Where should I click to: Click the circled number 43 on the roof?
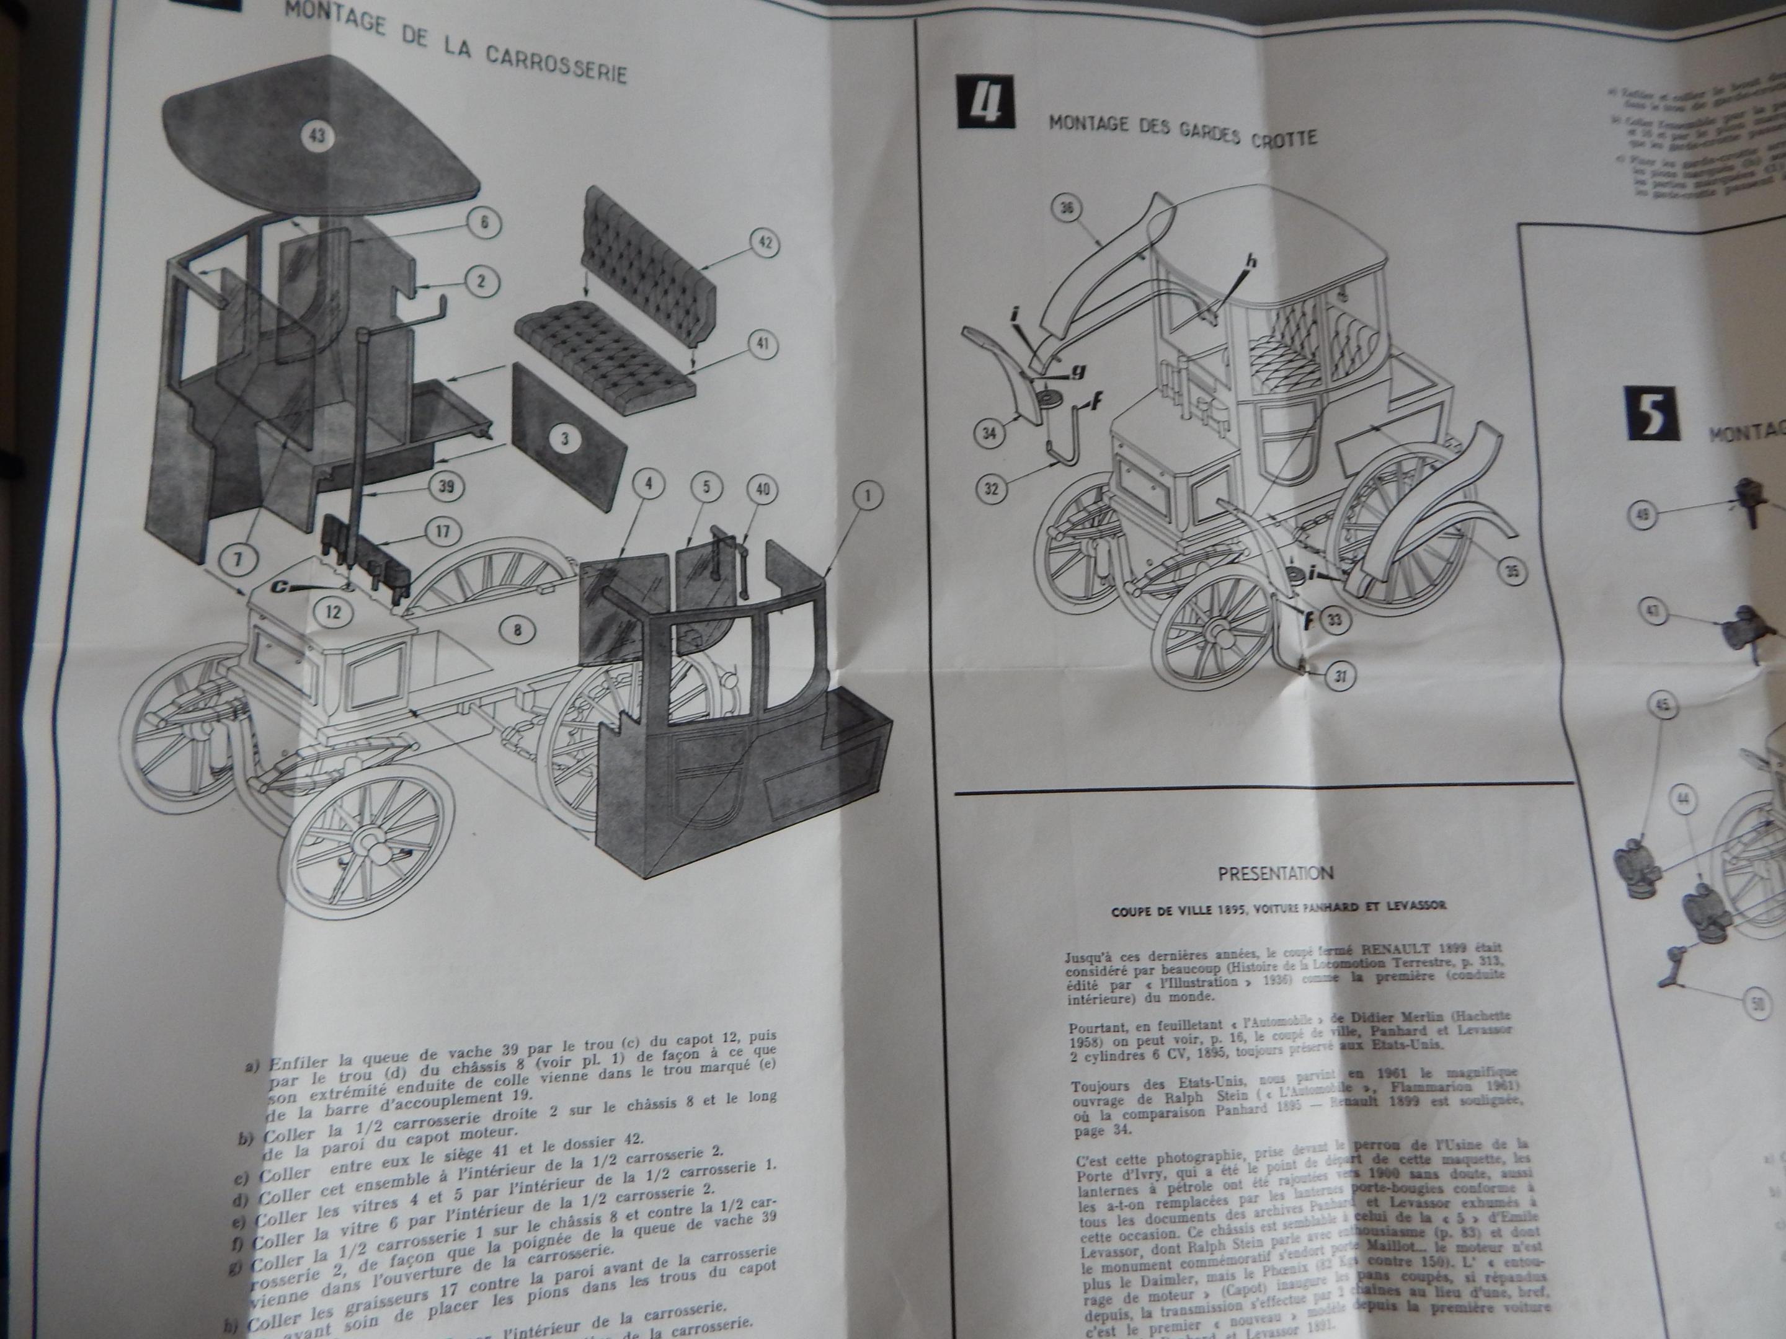(316, 136)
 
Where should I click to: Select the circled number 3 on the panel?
(565, 438)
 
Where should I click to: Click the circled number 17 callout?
(442, 532)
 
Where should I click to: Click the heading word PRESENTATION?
(1275, 872)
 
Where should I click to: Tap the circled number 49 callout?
(1643, 513)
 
